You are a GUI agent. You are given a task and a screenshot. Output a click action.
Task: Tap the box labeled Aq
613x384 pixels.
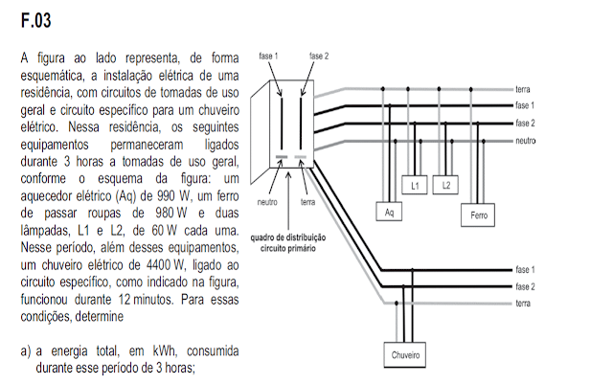(x=388, y=212)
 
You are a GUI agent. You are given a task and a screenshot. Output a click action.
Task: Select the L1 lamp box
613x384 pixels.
(x=415, y=185)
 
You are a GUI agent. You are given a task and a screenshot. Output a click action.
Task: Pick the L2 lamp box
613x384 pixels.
(x=446, y=185)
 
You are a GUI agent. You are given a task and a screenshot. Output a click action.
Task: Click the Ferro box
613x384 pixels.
(x=479, y=216)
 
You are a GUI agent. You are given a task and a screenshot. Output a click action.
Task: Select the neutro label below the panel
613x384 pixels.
(x=267, y=203)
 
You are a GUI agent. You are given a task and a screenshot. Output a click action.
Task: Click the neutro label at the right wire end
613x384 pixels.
(x=525, y=141)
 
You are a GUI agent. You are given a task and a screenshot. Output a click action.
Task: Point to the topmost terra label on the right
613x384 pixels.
(x=523, y=88)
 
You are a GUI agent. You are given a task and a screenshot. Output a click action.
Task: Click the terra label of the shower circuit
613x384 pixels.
(x=523, y=304)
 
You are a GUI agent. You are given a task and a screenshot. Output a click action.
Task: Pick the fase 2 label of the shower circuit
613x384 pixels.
(x=525, y=286)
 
